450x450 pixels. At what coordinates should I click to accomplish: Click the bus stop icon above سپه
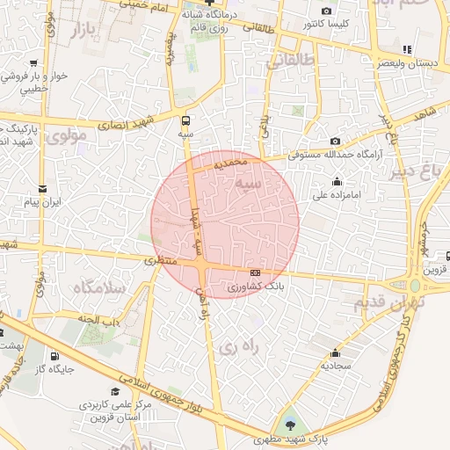(185, 120)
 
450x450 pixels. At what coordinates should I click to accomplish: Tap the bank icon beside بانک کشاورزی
(255, 272)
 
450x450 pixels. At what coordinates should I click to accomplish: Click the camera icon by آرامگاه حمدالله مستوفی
(335, 142)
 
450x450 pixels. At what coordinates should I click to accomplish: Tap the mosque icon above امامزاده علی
(337, 182)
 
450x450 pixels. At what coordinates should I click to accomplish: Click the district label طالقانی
(287, 62)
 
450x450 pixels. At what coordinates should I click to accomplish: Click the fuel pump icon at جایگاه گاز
(56, 356)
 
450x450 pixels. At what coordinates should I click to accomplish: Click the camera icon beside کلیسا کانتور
(327, 11)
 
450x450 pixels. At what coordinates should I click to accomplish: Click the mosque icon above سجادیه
(336, 350)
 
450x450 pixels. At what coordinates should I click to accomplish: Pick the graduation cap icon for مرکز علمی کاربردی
(114, 392)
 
